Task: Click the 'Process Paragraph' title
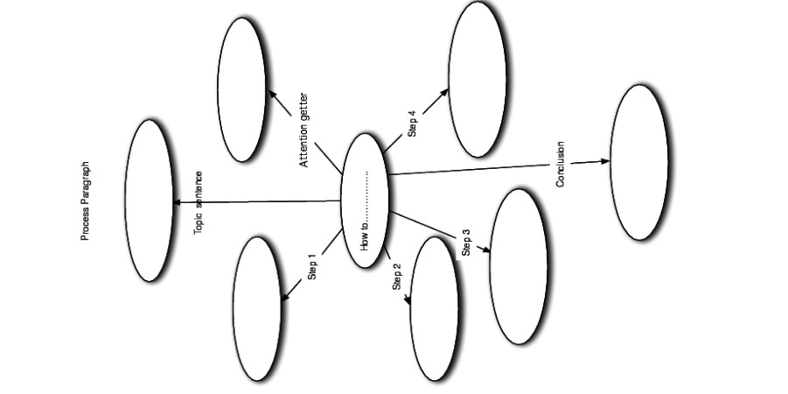click(x=86, y=201)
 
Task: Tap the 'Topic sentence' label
click(x=199, y=203)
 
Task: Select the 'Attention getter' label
click(x=303, y=130)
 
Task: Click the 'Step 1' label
click(x=312, y=267)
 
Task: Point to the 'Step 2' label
click(x=396, y=277)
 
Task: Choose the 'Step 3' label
click(x=466, y=243)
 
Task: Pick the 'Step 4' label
click(x=413, y=123)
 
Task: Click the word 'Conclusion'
click(x=561, y=164)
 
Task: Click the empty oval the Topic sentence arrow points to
click(x=149, y=201)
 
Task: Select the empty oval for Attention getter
click(x=241, y=90)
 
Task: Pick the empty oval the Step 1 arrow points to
click(x=257, y=309)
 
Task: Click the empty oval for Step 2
click(x=434, y=309)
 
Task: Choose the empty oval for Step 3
click(x=519, y=267)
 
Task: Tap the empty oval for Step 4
click(x=478, y=80)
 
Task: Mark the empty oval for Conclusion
click(x=639, y=163)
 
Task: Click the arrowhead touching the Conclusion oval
click(x=605, y=161)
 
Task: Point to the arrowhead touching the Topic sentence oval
click(x=177, y=202)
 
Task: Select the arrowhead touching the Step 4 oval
click(x=443, y=93)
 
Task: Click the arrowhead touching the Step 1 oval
click(x=285, y=298)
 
